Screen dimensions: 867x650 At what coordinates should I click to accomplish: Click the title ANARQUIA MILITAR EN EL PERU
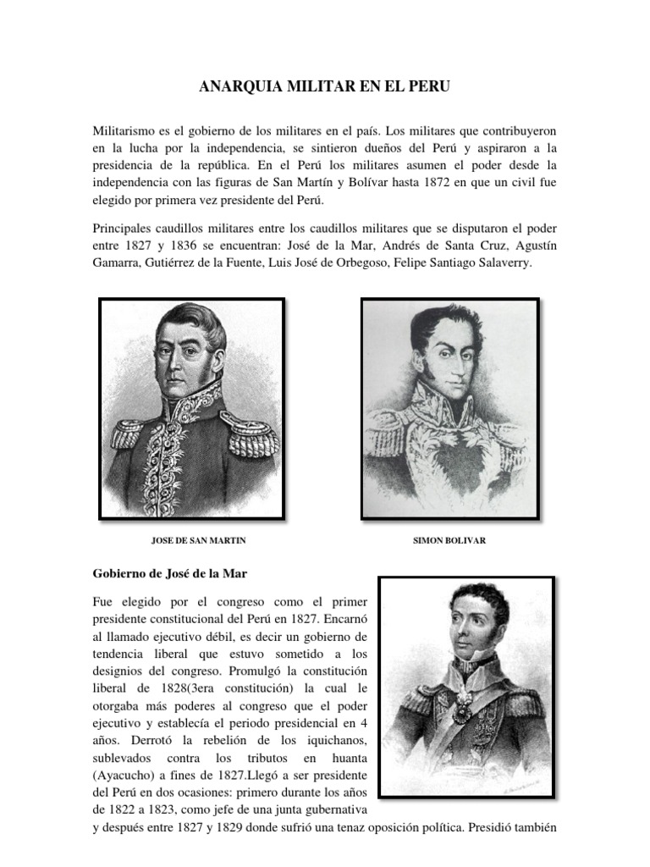pos(325,86)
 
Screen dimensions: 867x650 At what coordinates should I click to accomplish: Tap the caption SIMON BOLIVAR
pos(449,539)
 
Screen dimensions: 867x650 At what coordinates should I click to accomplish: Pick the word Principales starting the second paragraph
pos(124,229)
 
